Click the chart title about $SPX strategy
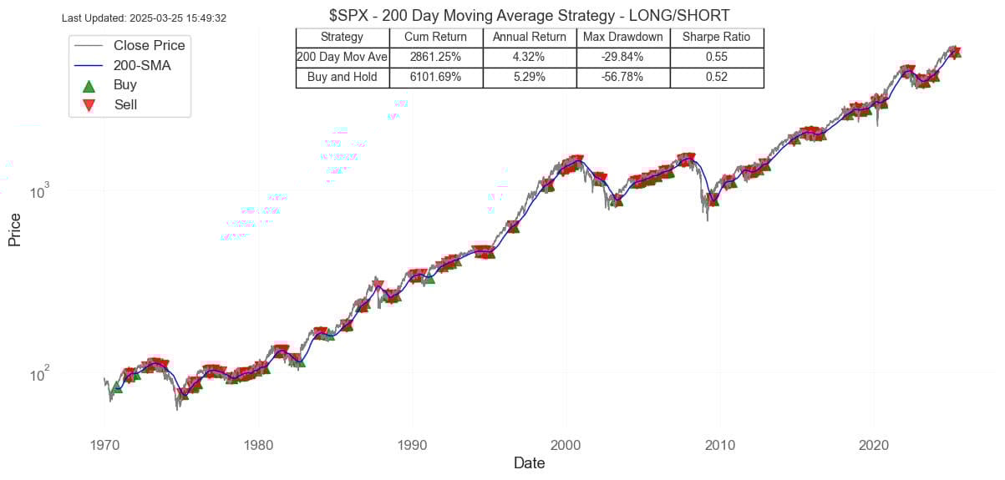[x=530, y=15]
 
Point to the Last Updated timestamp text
[x=145, y=18]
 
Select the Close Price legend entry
[x=149, y=45]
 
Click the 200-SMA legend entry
[x=142, y=65]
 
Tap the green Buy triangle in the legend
[x=89, y=85]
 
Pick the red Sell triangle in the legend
[x=89, y=105]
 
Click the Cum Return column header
[x=435, y=37]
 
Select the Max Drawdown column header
[x=622, y=37]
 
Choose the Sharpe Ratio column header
[x=716, y=37]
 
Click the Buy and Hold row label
[x=343, y=77]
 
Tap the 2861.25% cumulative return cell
[x=435, y=57]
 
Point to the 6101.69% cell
[x=435, y=77]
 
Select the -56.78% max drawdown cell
[x=622, y=77]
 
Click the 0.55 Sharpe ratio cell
[x=716, y=57]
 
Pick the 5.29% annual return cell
[x=529, y=77]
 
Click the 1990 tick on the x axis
[x=412, y=444]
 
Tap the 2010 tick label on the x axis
[x=719, y=444]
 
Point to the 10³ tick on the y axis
[x=40, y=192]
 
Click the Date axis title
[x=530, y=462]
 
